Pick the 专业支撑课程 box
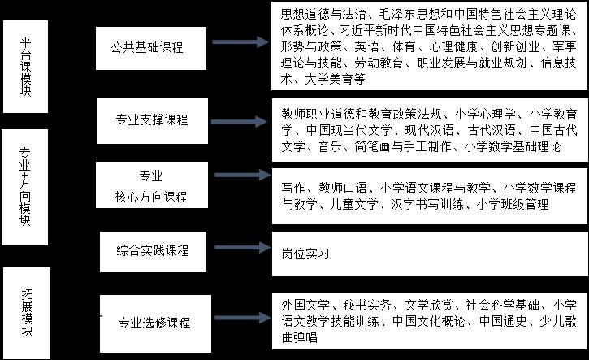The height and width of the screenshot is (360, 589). (152, 119)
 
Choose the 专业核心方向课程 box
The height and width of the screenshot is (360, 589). (151, 186)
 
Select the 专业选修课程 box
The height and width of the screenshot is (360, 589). (154, 323)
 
